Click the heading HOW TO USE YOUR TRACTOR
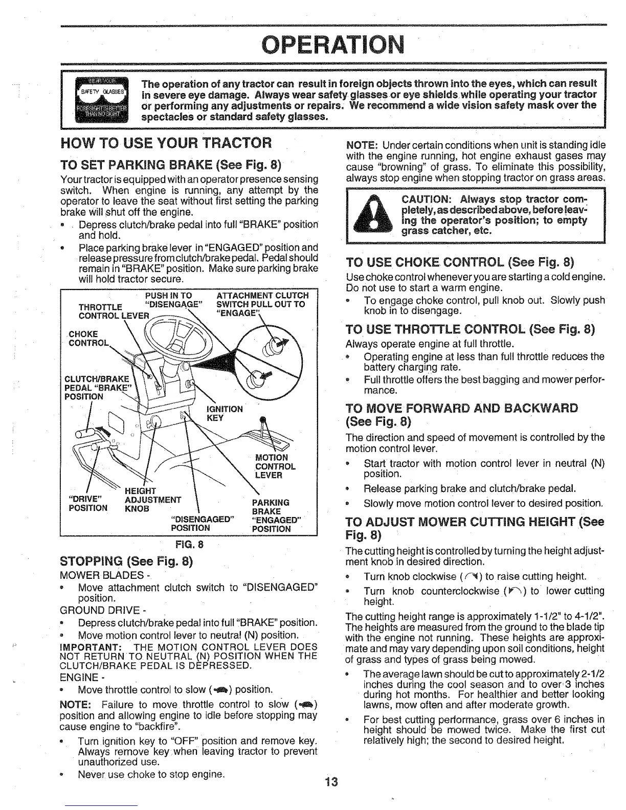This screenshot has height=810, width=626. (x=165, y=142)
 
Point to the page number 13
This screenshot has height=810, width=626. (x=332, y=782)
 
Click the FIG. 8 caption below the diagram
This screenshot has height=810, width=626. (x=189, y=544)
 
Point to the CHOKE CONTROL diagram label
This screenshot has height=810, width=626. (x=85, y=339)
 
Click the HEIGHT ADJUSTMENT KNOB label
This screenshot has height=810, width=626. (x=152, y=500)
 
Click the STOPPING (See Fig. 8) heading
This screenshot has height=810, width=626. (x=126, y=561)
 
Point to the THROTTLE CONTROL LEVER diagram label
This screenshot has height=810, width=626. (x=100, y=310)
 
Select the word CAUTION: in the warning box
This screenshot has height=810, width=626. (x=429, y=198)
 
